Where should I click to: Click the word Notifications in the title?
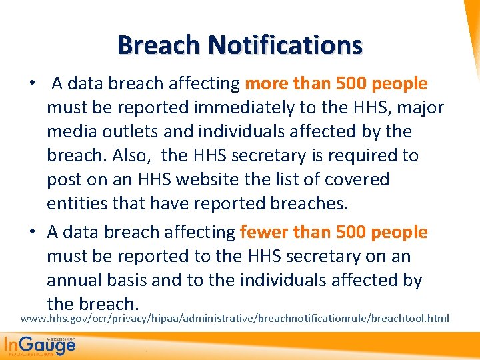point(285,45)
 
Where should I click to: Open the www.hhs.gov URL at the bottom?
point(235,319)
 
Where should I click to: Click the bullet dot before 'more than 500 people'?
point(31,85)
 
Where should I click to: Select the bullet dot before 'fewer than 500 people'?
point(31,233)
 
